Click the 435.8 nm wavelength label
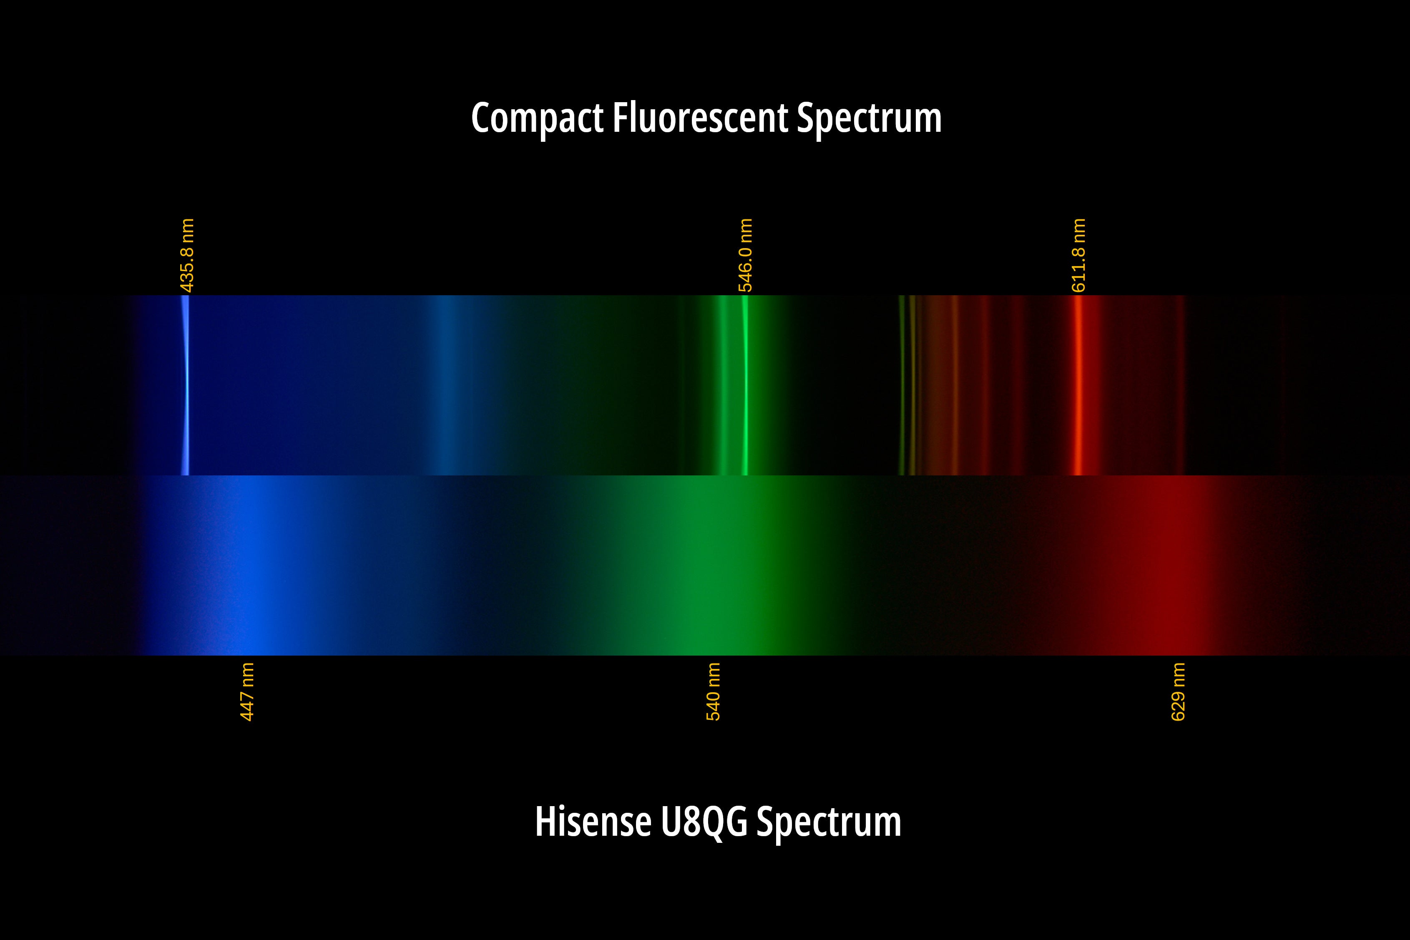pos(187,255)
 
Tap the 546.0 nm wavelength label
pos(745,255)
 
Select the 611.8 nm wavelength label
pos(1078,255)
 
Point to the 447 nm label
pos(247,691)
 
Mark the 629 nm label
pos(1178,691)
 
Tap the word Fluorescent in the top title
pos(700,118)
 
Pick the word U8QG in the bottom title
pos(705,822)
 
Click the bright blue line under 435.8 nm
pos(185,385)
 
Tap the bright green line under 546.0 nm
pos(745,385)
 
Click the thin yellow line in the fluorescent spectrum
pos(902,385)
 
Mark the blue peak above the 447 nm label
pos(249,566)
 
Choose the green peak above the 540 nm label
pos(714,566)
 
